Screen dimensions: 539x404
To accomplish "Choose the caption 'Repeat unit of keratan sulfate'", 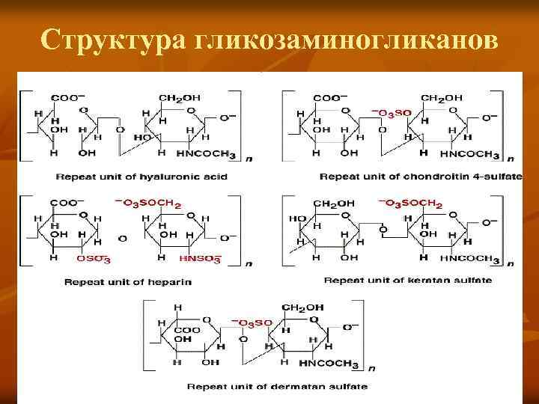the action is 407,280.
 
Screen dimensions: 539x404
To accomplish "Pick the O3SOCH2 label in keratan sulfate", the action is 411,203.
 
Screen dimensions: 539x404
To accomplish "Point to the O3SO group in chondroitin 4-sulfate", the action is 391,114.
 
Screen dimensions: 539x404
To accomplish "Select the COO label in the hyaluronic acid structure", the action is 65,98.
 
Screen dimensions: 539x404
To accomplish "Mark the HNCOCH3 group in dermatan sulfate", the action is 329,364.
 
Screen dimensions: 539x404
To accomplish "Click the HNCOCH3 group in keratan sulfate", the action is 468,259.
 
